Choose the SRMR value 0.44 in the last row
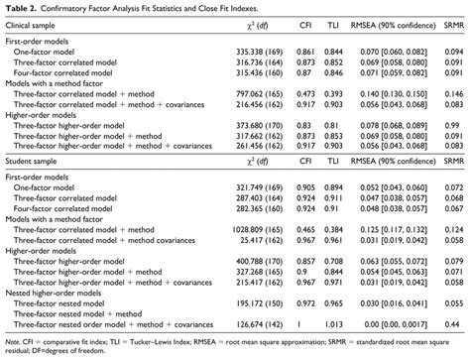[x=453, y=321]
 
